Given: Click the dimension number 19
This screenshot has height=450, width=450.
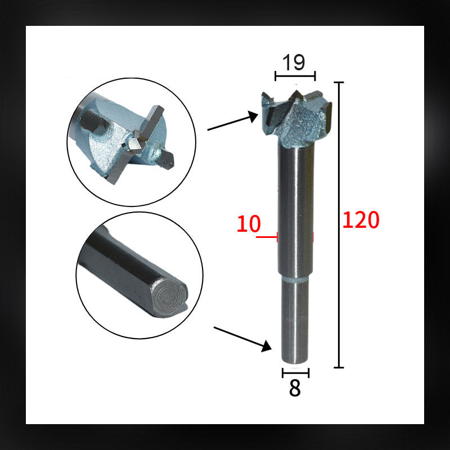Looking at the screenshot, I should point(294,62).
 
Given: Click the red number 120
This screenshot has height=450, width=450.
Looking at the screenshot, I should point(361,220).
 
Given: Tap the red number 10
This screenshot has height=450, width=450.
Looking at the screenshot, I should point(249,224).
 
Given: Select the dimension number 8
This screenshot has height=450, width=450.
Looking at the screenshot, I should point(295,389).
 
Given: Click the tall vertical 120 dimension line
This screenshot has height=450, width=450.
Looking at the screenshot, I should point(339,225).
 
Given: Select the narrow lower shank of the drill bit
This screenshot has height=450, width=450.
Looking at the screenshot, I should point(295,321).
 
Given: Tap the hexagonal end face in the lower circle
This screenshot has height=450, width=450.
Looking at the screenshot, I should point(168,296).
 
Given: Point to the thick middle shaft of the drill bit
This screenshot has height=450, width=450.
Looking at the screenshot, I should point(295,214).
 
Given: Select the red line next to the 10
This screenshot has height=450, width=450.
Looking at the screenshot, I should point(267,237).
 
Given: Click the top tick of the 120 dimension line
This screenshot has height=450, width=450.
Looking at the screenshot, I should point(339,83).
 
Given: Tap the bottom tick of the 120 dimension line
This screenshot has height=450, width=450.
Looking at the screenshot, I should point(339,367).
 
